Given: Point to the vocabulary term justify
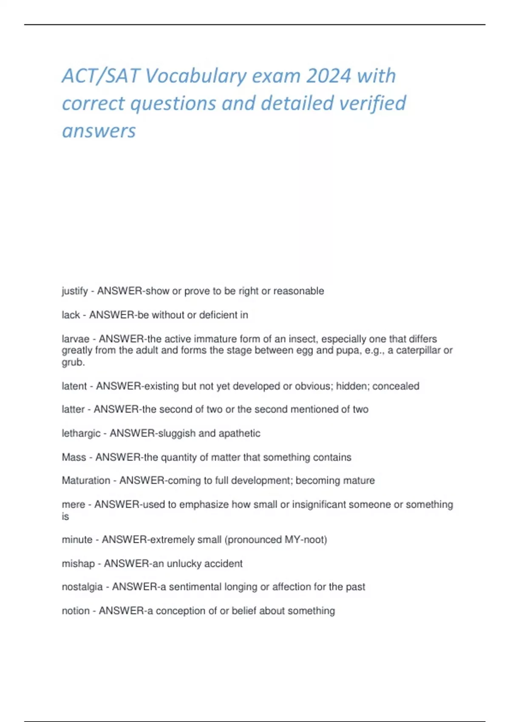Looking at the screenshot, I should pos(75,291).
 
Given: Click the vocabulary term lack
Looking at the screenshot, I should pos(71,315).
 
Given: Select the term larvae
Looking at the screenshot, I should pos(75,339).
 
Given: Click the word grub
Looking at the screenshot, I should pos(73,362).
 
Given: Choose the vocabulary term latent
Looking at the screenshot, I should pos(74,386).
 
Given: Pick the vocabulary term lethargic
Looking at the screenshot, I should pos(81,434).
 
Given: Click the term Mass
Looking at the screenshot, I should pos(74,457).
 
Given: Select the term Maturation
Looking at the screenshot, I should pos(86,481).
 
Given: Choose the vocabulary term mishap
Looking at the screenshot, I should pos(78,564).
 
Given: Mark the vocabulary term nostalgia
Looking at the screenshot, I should pos(82,587).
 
